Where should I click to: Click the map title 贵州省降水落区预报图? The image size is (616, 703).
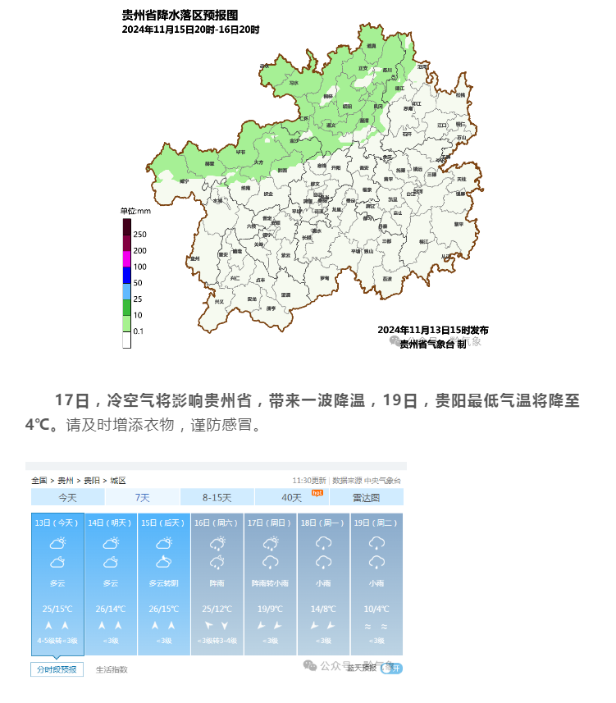(180, 16)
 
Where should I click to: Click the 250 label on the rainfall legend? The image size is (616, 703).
(139, 235)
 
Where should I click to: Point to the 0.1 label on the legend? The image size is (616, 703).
(139, 331)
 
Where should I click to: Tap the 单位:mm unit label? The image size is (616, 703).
(136, 211)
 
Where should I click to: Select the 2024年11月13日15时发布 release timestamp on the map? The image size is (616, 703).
(432, 330)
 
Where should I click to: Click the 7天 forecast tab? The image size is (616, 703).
(142, 497)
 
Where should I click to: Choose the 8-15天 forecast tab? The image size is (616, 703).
(217, 497)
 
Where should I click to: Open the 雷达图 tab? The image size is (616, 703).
(366, 497)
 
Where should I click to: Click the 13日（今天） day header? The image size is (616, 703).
(57, 522)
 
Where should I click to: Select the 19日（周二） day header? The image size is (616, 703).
(376, 522)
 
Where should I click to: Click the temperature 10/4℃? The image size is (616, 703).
(376, 609)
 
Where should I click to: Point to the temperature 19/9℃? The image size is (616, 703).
(270, 609)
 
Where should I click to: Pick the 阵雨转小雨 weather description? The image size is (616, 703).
(270, 583)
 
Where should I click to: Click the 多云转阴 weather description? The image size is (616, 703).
(164, 583)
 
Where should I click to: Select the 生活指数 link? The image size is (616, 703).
(112, 669)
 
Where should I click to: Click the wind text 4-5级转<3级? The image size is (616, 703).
(57, 641)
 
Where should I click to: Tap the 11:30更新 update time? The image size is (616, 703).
(308, 480)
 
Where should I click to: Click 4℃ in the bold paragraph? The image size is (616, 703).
(36, 426)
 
